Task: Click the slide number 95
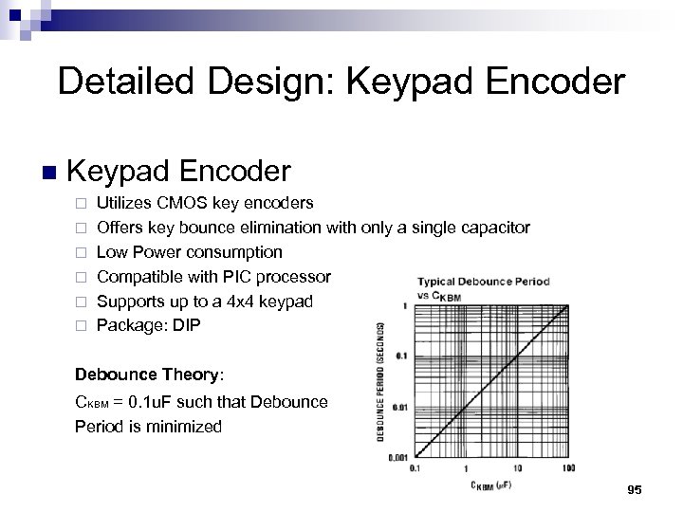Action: pos(635,489)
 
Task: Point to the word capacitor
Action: pos(492,228)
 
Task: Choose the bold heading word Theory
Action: pos(193,375)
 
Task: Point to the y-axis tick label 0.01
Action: pos(399,407)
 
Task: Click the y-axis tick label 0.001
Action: pos(397,458)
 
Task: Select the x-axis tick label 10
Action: pos(517,468)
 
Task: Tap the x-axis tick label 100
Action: pos(568,468)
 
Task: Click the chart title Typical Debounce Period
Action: pos(484,282)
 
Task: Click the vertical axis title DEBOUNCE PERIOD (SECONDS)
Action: pos(381,381)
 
